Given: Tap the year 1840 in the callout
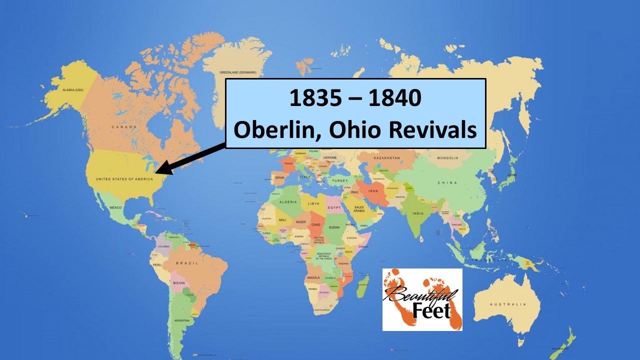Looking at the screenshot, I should (394, 98).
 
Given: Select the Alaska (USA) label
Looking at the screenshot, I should (72, 90).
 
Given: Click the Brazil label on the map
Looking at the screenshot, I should (187, 263).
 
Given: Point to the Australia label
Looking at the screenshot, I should (508, 304).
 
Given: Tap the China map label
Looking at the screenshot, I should (447, 182).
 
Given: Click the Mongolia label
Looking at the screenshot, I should (447, 158).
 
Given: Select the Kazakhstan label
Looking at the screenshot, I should (385, 158).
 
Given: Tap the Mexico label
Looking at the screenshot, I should (115, 207).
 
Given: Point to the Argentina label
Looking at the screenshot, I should (181, 320).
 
